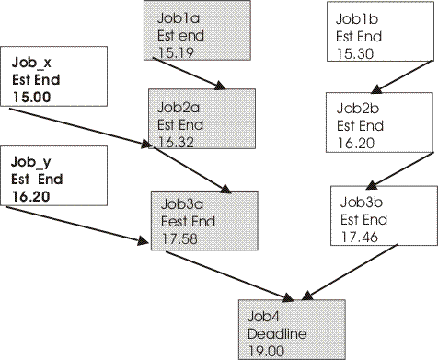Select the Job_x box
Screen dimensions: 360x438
pos(54,79)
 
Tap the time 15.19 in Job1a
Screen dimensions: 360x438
pos(173,52)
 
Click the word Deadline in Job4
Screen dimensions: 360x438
pos(271,333)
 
